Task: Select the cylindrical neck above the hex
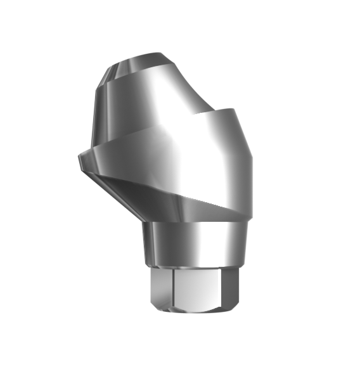coord(190,244)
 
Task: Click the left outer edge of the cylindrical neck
coord(143,244)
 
